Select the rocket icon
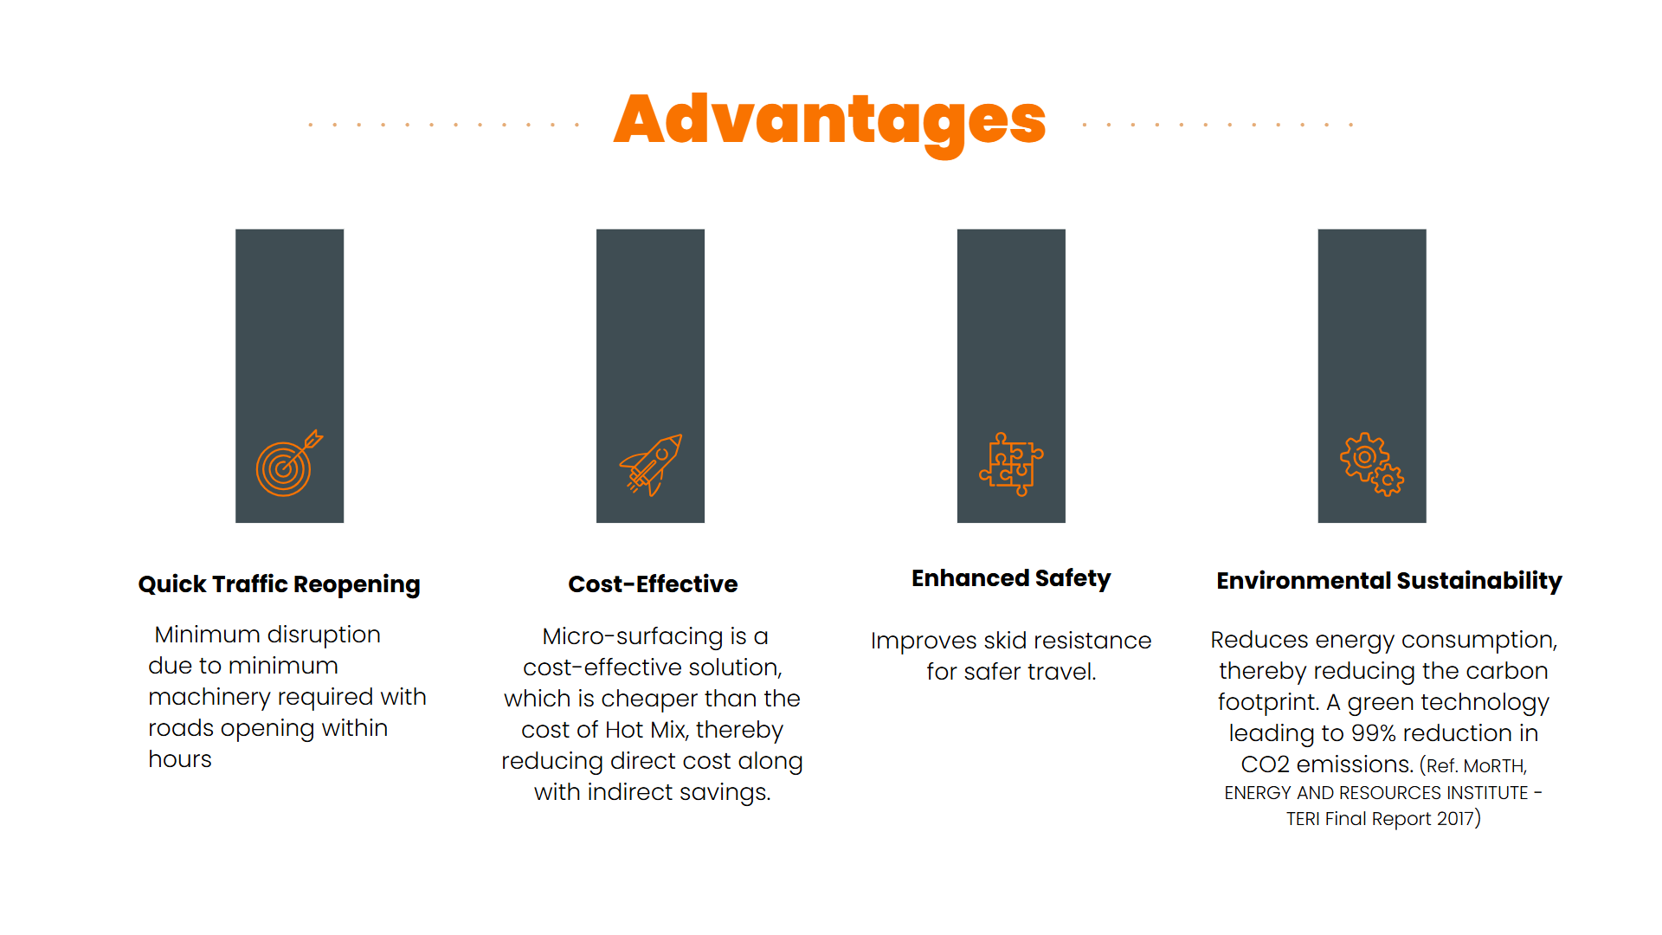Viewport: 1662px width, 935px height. coord(651,465)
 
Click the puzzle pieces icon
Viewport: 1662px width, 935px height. coord(1011,464)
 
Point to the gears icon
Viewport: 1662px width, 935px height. coord(1372,464)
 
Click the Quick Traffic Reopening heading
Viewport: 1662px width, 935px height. coord(280,584)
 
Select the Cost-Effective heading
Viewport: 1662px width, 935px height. coord(653,584)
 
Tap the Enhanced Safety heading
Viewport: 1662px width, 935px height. coord(1011,578)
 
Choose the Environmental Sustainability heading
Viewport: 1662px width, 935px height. coord(1389,581)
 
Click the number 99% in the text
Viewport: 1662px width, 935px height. coord(1374,733)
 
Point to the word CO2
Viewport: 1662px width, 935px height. coord(1266,764)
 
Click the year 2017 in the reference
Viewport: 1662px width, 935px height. coord(1455,819)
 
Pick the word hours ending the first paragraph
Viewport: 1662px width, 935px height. coord(180,759)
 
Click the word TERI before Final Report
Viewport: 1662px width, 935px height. coord(1303,819)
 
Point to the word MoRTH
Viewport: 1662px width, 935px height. coord(1495,766)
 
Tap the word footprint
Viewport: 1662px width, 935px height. coord(1268,702)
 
